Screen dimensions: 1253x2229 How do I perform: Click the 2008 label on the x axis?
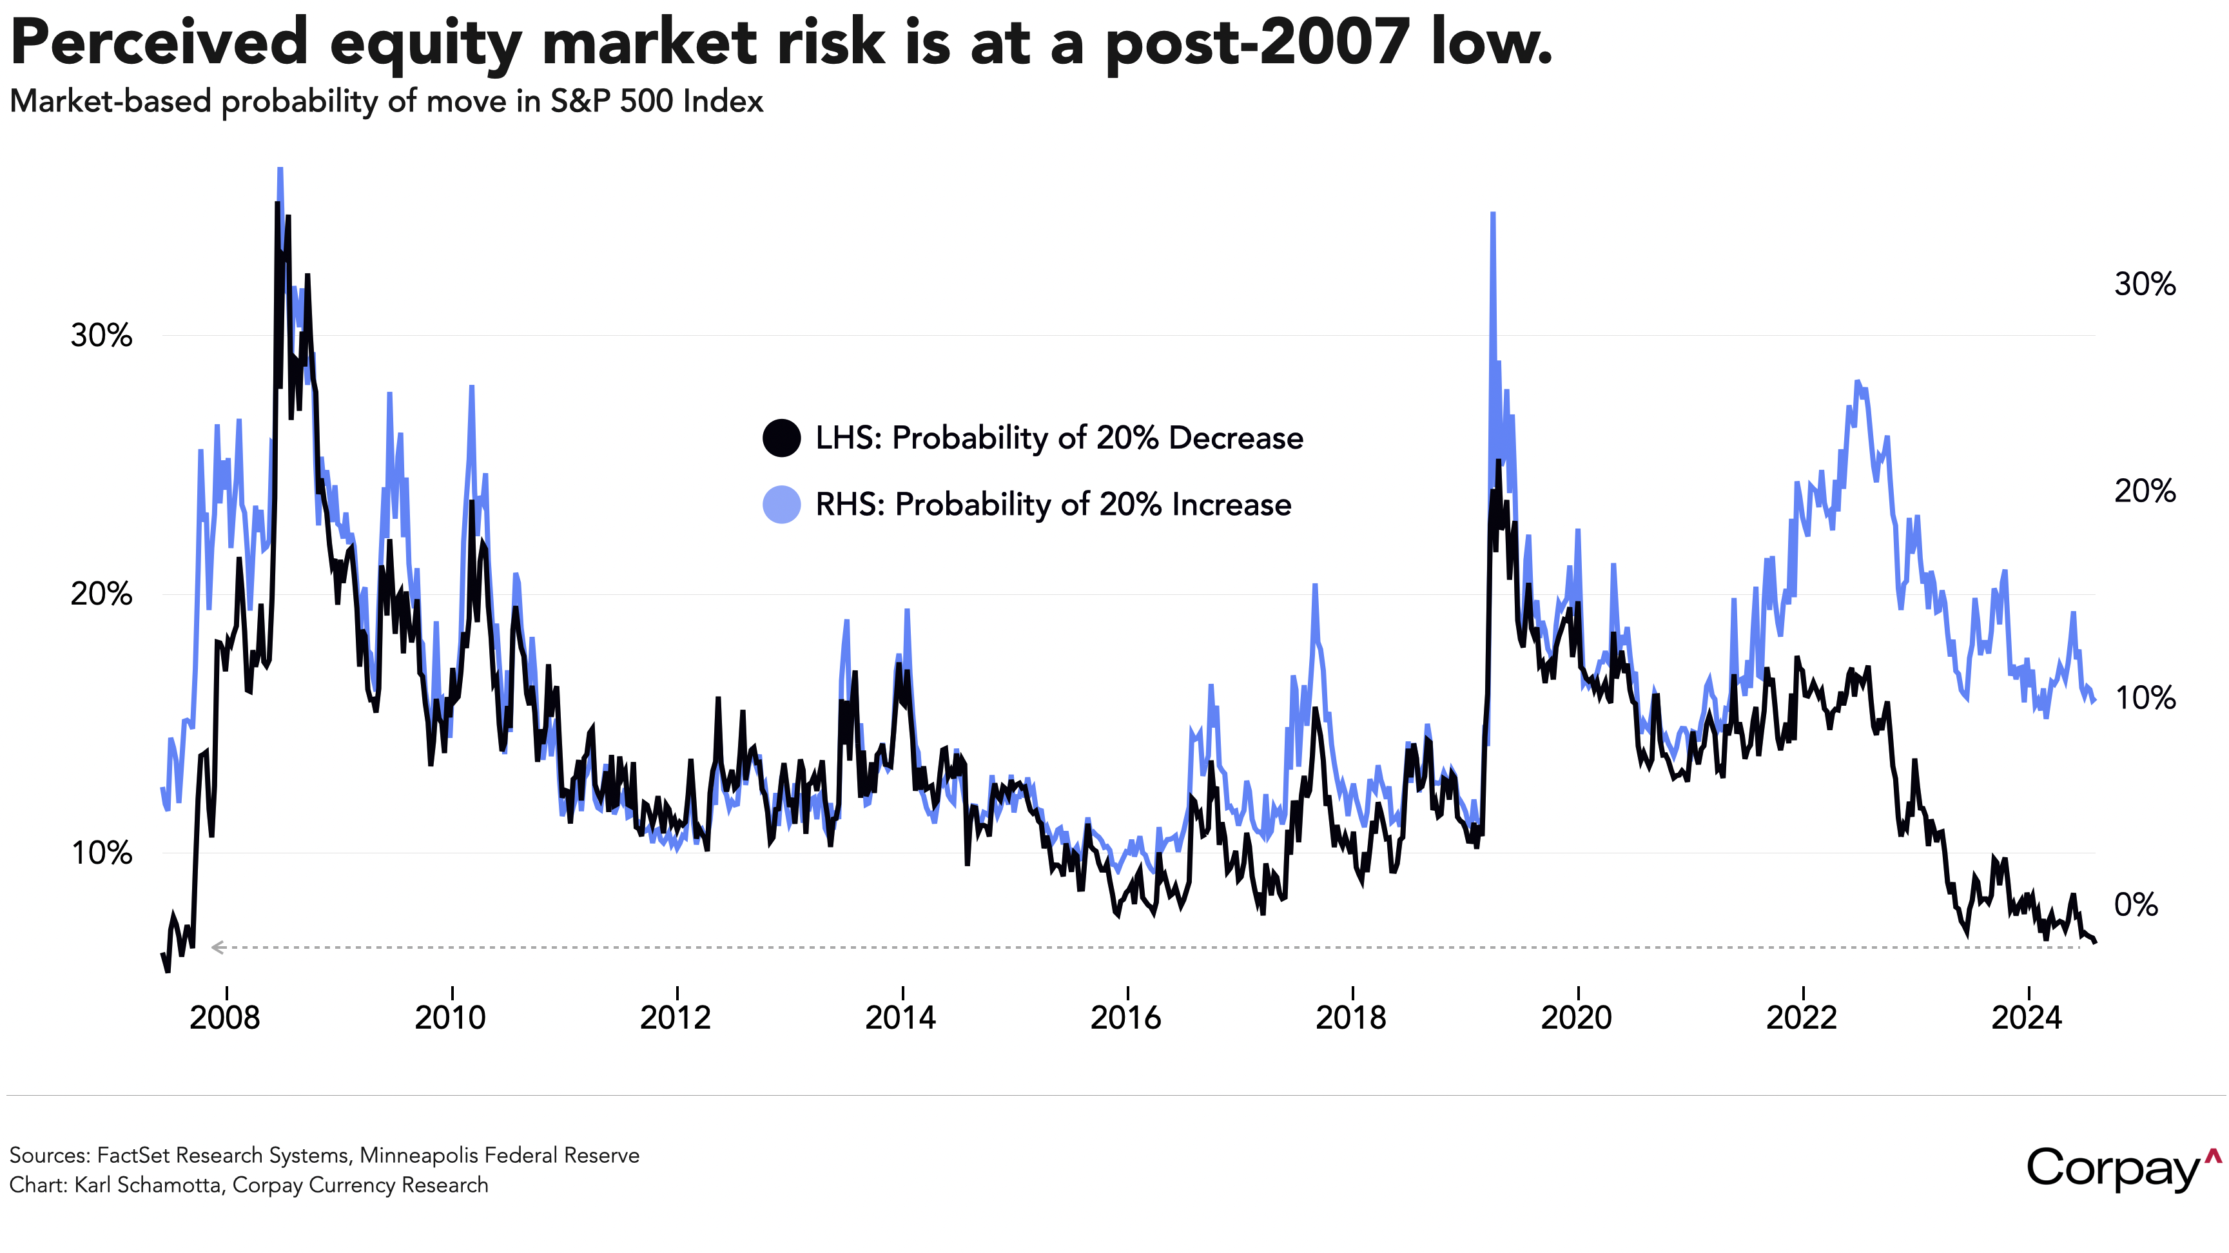[225, 1018]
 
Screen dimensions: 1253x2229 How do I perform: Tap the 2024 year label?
[2027, 1018]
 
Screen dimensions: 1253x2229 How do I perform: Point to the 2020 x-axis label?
[1577, 1018]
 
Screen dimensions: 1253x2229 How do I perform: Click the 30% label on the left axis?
[101, 336]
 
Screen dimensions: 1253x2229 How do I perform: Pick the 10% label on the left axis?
[101, 853]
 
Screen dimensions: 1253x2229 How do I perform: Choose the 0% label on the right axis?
[2136, 904]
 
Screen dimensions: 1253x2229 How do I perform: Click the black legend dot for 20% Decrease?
[781, 438]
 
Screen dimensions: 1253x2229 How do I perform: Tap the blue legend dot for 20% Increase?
[781, 505]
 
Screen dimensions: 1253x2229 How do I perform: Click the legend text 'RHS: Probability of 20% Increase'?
[1053, 505]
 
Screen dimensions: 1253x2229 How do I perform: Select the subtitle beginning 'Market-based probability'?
[386, 102]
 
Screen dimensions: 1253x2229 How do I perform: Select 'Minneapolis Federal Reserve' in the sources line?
[500, 1155]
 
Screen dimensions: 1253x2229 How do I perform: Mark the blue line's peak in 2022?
[1858, 382]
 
